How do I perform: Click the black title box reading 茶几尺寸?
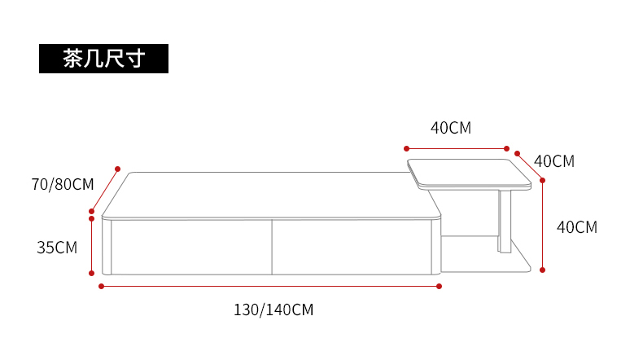pyautogui.click(x=103, y=59)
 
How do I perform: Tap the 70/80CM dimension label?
pyautogui.click(x=63, y=184)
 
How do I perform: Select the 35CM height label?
pyautogui.click(x=57, y=248)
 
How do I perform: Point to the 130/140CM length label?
pyautogui.click(x=273, y=310)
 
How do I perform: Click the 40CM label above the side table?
pyautogui.click(x=451, y=128)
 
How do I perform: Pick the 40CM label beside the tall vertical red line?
pyautogui.click(x=576, y=227)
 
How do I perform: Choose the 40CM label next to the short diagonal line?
pyautogui.click(x=554, y=161)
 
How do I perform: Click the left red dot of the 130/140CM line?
pyautogui.click(x=101, y=286)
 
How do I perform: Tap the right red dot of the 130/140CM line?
pyautogui.click(x=440, y=286)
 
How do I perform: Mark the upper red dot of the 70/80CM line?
pyautogui.click(x=118, y=169)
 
